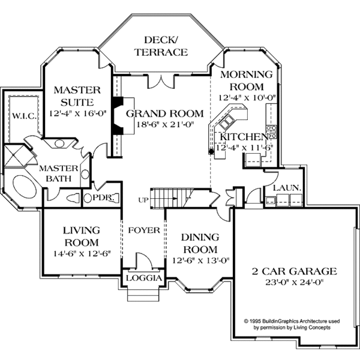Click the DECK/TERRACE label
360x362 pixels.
click(161, 46)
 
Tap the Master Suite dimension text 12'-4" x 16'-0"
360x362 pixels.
click(77, 113)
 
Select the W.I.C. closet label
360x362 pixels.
click(24, 116)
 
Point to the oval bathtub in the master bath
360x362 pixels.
click(25, 187)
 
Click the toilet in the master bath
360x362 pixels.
click(73, 198)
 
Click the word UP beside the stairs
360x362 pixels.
click(143, 200)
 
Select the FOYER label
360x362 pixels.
click(144, 230)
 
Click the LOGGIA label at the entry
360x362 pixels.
click(144, 278)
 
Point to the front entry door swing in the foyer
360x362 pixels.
click(145, 261)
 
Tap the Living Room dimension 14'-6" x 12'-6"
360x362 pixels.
click(82, 254)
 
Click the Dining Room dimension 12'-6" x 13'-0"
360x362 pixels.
click(201, 261)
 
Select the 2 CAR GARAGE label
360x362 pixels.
click(295, 271)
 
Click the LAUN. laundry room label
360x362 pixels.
click(287, 188)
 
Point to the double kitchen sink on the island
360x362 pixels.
click(226, 122)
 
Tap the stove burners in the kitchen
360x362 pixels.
click(271, 132)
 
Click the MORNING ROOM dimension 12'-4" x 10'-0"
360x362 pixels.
click(247, 98)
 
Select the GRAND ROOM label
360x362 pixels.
click(165, 113)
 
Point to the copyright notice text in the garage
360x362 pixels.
click(292, 324)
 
